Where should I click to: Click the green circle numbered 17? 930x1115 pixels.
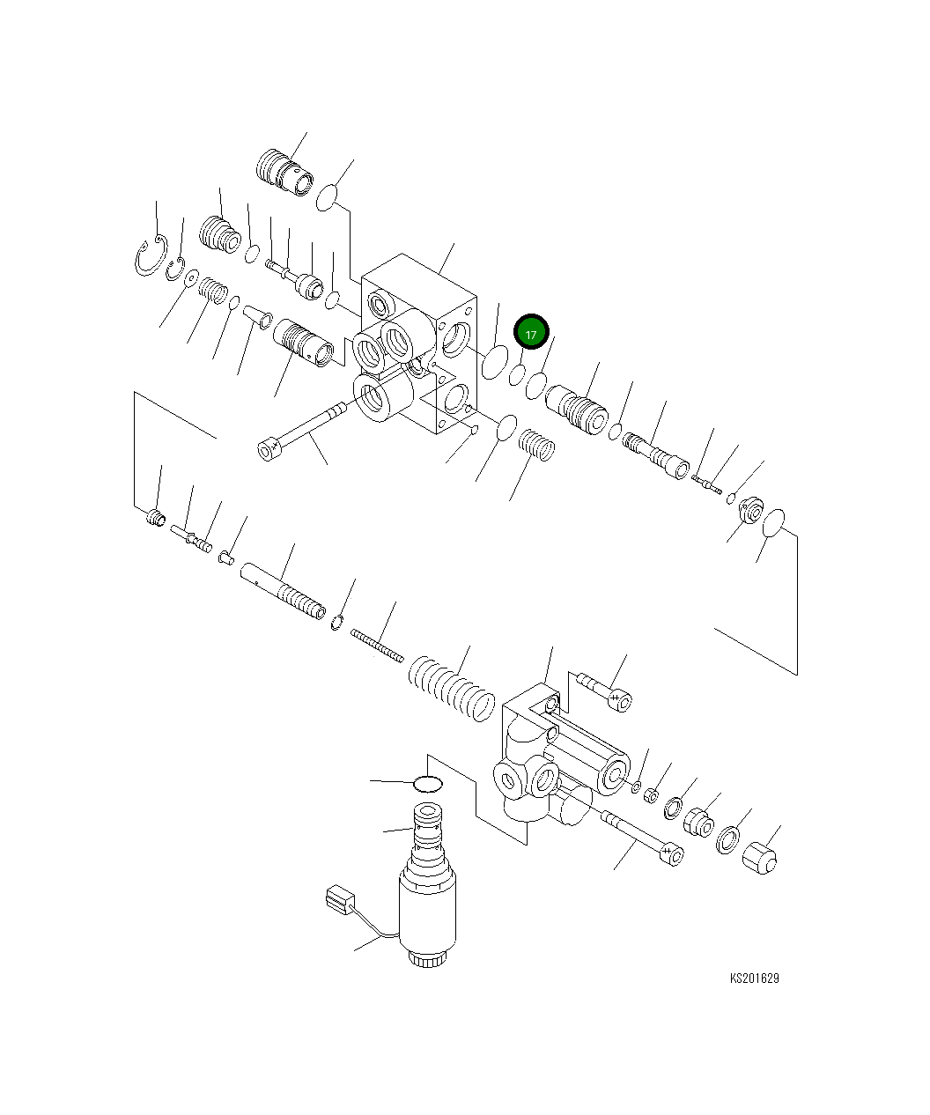coord(531,334)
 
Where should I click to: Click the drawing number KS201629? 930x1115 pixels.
coord(754,978)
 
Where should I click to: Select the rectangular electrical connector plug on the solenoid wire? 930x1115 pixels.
coord(339,900)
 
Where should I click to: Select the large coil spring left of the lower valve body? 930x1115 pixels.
coord(451,686)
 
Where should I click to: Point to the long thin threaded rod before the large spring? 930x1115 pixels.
coord(377,646)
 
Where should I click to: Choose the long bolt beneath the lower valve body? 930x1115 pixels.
coord(641,836)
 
